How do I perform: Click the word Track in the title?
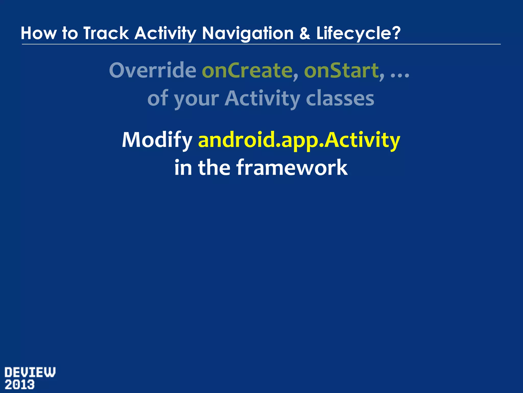[106, 33]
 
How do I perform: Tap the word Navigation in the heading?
[248, 33]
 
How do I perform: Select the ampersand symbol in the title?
[305, 33]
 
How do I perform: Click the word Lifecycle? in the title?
[358, 33]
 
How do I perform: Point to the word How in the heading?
[39, 33]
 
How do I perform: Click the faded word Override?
[152, 70]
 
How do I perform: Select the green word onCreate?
[247, 70]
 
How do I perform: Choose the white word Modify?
[157, 140]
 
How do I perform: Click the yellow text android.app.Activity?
[299, 140]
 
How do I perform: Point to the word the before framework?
[214, 168]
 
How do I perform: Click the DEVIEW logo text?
[30, 372]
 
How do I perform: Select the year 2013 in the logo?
[20, 385]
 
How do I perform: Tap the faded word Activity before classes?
[263, 99]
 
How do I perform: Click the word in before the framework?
[183, 168]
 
